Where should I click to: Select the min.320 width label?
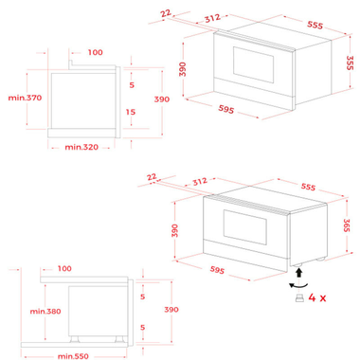(x=83, y=147)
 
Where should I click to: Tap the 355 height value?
(x=349, y=63)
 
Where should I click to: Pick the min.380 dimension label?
(x=45, y=310)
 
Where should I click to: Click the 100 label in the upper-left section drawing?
(x=95, y=52)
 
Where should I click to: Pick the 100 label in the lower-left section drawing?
(x=63, y=267)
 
